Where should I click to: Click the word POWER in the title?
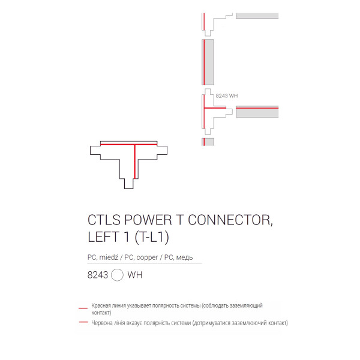(148, 220)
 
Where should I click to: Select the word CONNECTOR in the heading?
(230, 220)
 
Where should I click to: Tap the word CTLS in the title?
(104, 220)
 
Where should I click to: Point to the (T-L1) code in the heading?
(152, 237)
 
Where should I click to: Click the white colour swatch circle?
(117, 275)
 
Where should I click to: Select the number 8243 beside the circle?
(98, 275)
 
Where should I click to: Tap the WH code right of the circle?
(135, 275)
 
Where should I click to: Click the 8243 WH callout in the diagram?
(227, 96)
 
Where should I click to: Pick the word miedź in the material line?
(109, 257)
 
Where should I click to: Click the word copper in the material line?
(147, 257)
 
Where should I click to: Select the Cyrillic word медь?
(184, 257)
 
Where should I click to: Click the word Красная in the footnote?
(100, 305)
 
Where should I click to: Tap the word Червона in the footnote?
(100, 323)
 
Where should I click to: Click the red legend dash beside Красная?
(83, 308)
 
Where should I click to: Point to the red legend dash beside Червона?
(83, 322)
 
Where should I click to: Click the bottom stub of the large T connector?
(129, 184)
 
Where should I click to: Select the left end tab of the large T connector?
(95, 150)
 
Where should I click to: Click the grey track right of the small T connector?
(257, 112)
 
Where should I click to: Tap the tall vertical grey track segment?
(208, 62)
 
